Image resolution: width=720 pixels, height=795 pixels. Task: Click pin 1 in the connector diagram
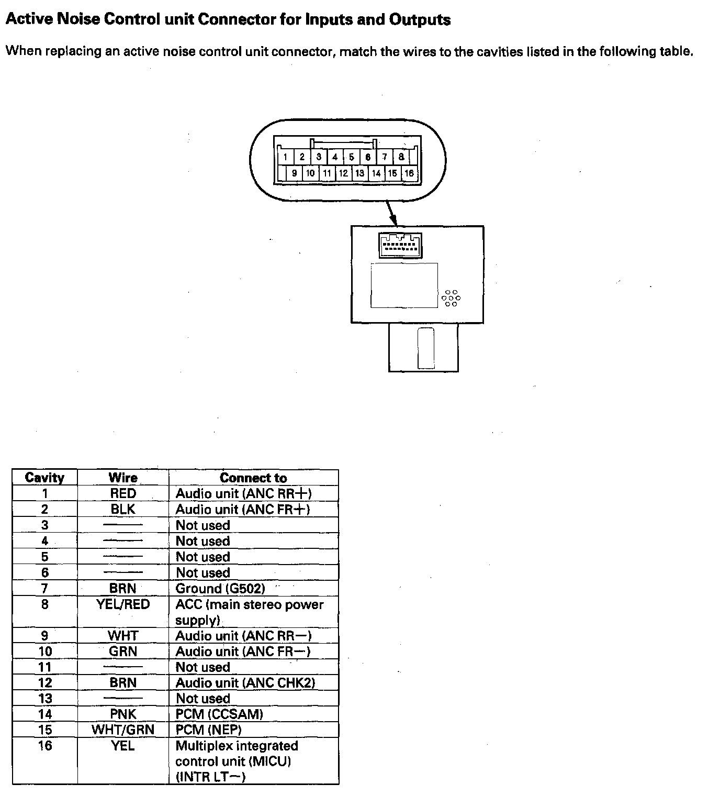point(285,157)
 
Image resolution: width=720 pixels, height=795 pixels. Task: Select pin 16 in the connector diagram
point(409,173)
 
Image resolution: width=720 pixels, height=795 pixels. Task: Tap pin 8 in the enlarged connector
point(401,157)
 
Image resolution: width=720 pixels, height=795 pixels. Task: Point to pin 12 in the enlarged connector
point(343,173)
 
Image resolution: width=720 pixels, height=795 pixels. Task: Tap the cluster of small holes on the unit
point(451,297)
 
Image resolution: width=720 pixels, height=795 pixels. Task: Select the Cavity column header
point(45,478)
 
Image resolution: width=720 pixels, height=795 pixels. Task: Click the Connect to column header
point(253,478)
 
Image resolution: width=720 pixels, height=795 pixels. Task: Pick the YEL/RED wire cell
point(123,604)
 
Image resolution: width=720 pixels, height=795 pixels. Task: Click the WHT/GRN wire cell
point(123,730)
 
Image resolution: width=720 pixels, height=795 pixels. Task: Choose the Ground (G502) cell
point(220,588)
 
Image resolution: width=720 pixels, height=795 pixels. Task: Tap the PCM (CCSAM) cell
point(219,714)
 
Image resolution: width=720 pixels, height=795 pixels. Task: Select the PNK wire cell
point(123,714)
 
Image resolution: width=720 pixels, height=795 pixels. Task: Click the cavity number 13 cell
point(45,698)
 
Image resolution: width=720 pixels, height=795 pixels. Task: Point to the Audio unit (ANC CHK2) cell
point(245,682)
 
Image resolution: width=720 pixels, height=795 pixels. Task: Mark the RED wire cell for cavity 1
point(123,493)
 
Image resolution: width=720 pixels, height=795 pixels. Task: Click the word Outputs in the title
point(420,20)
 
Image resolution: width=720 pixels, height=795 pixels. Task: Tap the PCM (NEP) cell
point(208,730)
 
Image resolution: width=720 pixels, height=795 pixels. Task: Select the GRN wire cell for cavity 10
point(123,651)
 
